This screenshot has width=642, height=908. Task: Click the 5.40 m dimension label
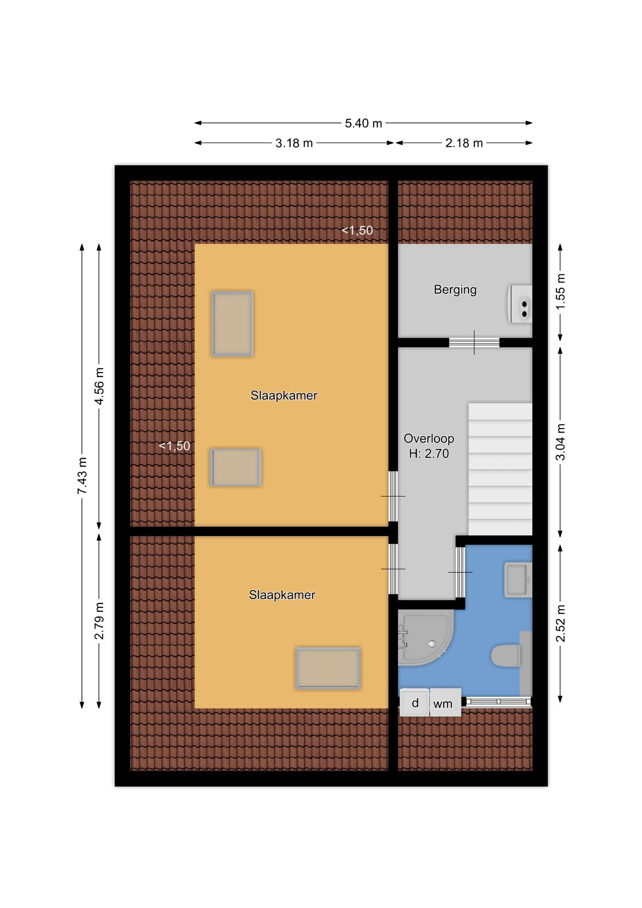tap(363, 123)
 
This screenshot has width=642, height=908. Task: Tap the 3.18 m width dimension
tap(294, 143)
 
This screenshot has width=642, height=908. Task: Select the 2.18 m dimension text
tap(464, 143)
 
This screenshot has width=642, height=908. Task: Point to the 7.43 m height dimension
tap(82, 475)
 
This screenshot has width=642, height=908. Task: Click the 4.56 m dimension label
tap(99, 386)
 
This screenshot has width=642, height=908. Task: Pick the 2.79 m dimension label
tap(99, 621)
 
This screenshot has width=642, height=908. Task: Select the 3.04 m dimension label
tap(561, 442)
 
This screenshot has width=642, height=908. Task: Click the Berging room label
tap(455, 290)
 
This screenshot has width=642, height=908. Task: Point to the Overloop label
tap(429, 438)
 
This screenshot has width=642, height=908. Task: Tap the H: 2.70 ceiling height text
tap(429, 454)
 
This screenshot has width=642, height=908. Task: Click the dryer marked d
tap(415, 703)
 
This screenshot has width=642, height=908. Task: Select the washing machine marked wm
tap(445, 703)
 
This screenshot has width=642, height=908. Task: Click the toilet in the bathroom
tap(506, 656)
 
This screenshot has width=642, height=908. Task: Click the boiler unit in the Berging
tap(520, 304)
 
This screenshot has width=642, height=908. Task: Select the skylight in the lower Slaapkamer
tap(328, 669)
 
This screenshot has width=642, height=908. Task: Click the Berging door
tap(474, 342)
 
